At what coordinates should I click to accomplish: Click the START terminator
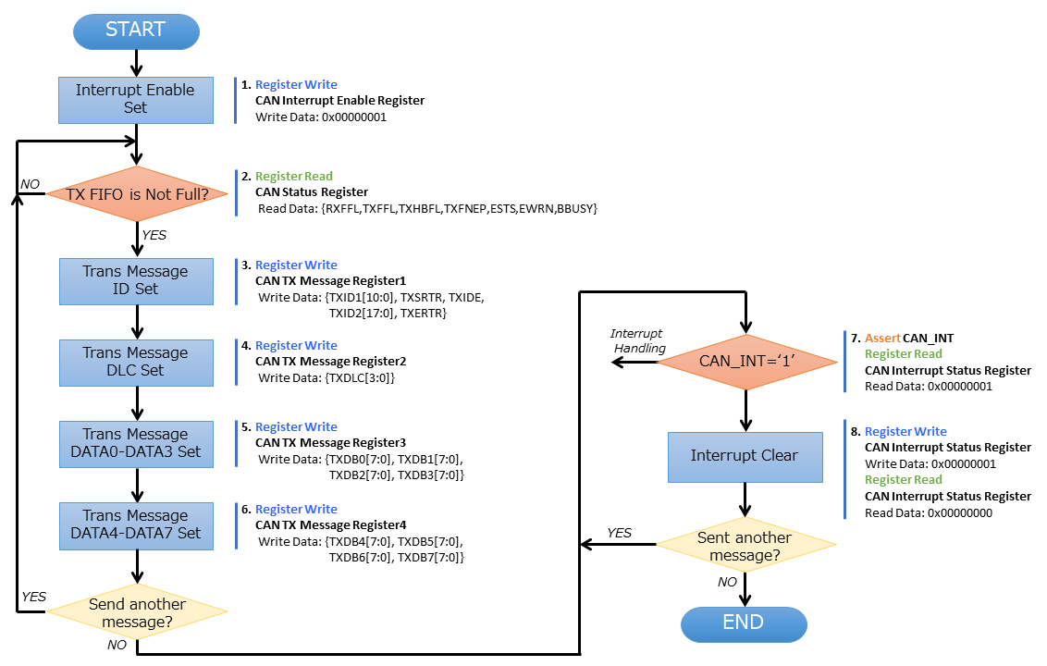[x=136, y=30]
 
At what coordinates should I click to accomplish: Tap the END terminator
[x=744, y=623]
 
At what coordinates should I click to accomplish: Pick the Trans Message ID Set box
[x=136, y=280]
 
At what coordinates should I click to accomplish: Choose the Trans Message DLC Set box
[x=136, y=362]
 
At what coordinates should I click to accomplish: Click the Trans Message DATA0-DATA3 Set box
[x=136, y=443]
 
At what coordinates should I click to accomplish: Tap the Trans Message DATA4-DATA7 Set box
[x=136, y=524]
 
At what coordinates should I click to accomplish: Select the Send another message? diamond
[x=137, y=612]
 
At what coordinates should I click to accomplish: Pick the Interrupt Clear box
[x=745, y=456]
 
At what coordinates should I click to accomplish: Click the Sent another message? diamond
[x=745, y=546]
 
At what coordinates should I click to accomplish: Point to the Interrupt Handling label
[x=637, y=340]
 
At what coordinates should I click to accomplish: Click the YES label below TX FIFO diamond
[x=154, y=236]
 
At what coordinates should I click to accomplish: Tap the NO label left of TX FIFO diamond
[x=31, y=184]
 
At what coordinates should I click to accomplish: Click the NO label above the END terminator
[x=728, y=583]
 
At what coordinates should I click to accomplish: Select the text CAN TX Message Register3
[x=330, y=443]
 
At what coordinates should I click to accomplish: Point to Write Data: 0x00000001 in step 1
[x=321, y=117]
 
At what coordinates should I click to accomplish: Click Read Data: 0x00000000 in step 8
[x=929, y=512]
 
